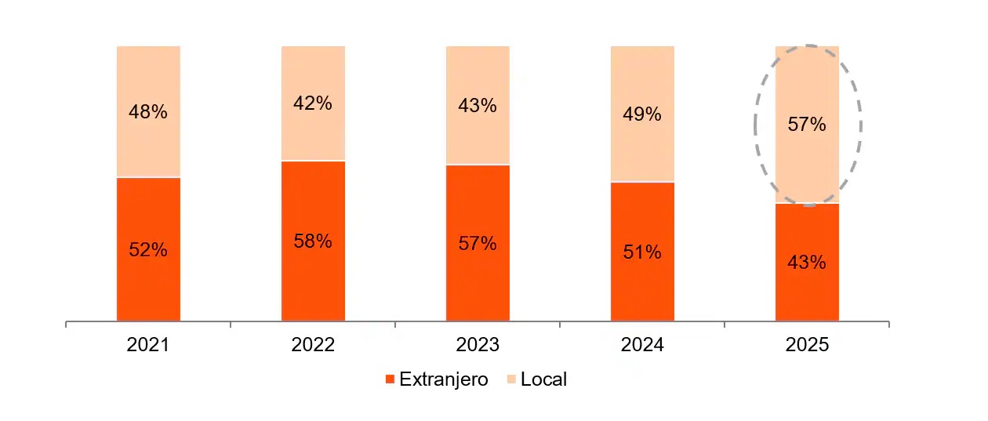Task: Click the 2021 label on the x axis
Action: click(x=148, y=346)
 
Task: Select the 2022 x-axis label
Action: click(x=313, y=346)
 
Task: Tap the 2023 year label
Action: click(x=478, y=346)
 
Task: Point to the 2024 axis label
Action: click(x=642, y=346)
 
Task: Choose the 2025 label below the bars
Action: click(x=807, y=346)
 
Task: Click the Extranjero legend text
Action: click(x=443, y=380)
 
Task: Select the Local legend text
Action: click(x=543, y=380)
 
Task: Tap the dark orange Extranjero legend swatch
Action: click(x=390, y=380)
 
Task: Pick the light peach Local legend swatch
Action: click(x=510, y=380)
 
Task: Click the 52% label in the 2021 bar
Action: click(x=148, y=250)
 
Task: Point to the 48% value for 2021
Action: click(x=148, y=112)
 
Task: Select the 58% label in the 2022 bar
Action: click(x=313, y=241)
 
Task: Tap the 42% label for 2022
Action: click(x=313, y=103)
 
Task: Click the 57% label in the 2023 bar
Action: click(x=478, y=244)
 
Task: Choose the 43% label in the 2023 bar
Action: click(x=478, y=106)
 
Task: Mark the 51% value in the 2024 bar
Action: click(x=642, y=252)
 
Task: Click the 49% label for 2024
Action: click(x=642, y=114)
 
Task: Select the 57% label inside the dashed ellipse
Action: click(x=807, y=124)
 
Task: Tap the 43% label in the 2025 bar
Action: click(x=807, y=263)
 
